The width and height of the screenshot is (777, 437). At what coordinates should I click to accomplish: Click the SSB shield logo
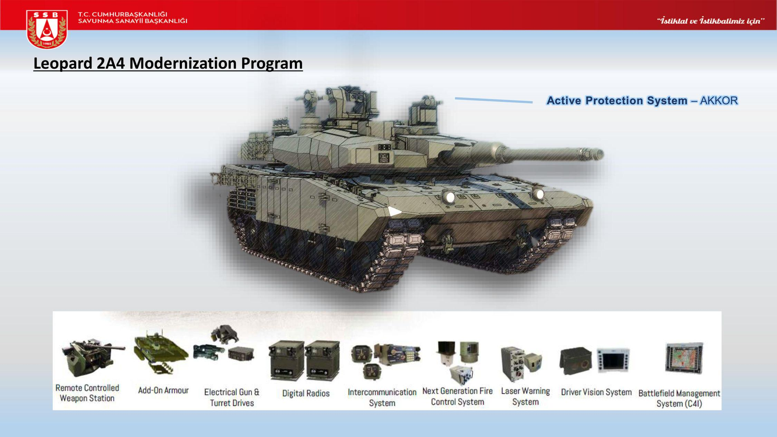coord(47,29)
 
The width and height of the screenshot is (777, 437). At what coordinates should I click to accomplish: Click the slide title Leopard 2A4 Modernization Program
coord(168,64)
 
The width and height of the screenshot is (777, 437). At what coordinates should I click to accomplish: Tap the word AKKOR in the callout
coord(719,101)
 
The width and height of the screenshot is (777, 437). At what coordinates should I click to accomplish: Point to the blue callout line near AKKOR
coord(494,100)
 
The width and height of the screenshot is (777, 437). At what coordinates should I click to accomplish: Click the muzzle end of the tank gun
coord(599,153)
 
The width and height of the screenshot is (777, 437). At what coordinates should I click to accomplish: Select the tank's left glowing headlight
coord(450,197)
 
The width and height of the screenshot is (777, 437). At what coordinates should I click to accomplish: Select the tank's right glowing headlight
coord(539,194)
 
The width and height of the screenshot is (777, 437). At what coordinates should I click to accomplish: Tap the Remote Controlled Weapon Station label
coord(87,393)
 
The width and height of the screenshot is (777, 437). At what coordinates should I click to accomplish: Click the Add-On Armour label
coord(163,390)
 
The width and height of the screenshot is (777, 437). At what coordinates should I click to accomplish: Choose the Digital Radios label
coord(306,393)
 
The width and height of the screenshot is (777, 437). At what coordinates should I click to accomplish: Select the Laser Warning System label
coord(525,396)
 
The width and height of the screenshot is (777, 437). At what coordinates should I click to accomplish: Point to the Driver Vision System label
coord(596,392)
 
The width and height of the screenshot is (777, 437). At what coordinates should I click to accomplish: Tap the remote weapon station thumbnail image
coord(91,357)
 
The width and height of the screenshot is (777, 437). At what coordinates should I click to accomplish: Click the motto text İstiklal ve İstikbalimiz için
coord(711,21)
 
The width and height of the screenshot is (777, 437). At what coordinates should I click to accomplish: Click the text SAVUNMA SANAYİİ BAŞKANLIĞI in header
coord(133,21)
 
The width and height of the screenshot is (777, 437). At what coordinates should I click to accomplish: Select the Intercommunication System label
coord(382,397)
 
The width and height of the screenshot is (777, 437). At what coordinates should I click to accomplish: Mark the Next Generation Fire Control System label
coord(458,396)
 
